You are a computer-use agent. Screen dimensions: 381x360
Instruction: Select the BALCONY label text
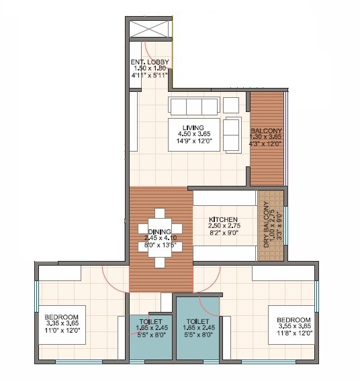pyautogui.click(x=266, y=130)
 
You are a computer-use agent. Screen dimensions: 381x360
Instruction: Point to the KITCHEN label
pyautogui.click(x=222, y=219)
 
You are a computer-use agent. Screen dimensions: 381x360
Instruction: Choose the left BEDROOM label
pyautogui.click(x=62, y=317)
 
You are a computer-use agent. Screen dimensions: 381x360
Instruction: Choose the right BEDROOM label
pyautogui.click(x=293, y=319)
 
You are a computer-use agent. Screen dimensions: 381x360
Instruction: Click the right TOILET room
pyautogui.click(x=199, y=329)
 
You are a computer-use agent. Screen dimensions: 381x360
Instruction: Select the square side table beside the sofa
pyautogui.click(x=230, y=105)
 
